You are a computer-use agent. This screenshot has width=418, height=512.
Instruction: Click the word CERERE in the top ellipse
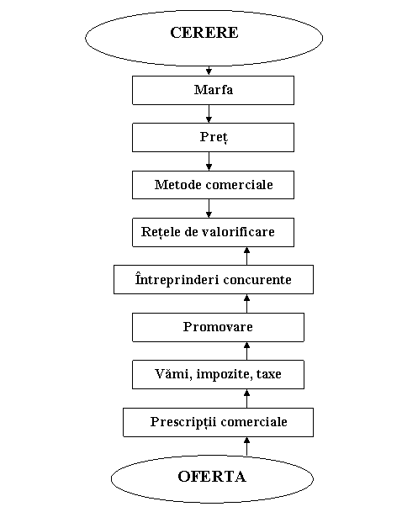tap(204, 33)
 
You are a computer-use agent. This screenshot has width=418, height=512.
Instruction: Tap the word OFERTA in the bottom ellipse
tap(212, 477)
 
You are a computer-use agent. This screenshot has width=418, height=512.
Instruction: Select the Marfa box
tap(213, 91)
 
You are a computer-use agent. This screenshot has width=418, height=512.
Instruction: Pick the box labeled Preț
tap(213, 138)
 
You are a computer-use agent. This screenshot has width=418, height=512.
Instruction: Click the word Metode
tap(177, 185)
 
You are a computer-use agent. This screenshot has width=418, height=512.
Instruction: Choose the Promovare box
tap(218, 328)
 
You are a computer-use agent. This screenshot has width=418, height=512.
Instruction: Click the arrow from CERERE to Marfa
tap(209, 71)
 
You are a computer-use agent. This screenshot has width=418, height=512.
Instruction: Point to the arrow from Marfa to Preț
tap(209, 114)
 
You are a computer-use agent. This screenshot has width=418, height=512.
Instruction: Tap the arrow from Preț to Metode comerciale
tap(209, 161)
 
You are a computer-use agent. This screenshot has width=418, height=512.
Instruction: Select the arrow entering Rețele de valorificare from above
tap(209, 208)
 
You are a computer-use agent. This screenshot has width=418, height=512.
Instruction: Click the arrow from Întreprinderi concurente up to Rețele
tap(247, 256)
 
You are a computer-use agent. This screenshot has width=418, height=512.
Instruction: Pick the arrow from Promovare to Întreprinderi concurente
tap(247, 304)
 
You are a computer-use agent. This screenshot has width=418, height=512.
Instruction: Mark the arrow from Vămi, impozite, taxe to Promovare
tap(247, 351)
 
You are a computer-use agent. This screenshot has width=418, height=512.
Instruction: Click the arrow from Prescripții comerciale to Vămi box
tap(247, 399)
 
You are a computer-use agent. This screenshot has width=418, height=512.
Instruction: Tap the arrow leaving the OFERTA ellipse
tap(247, 446)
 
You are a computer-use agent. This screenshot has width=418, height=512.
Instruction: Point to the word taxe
tap(269, 374)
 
